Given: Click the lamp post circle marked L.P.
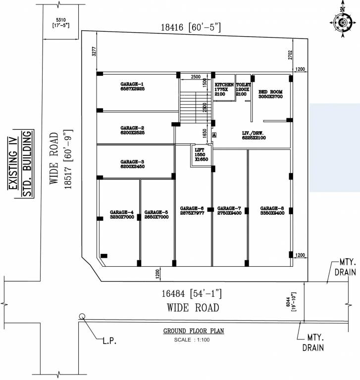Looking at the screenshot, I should click(x=82, y=317).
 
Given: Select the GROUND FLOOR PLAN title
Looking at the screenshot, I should click(x=194, y=331).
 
